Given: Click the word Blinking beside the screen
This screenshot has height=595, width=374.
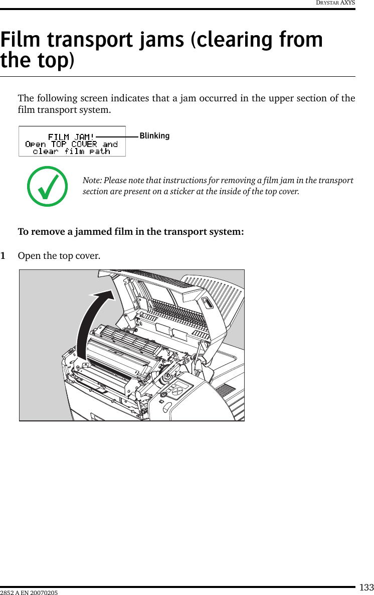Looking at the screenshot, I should (154, 136).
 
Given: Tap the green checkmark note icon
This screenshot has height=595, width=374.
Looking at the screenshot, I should (48, 187).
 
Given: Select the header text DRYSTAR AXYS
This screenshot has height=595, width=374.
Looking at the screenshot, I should (335, 3).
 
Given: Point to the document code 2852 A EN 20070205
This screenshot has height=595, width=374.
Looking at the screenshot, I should (29, 593).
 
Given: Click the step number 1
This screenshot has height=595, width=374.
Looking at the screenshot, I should (4, 256).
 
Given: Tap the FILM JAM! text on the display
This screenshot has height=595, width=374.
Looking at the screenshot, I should (71, 137).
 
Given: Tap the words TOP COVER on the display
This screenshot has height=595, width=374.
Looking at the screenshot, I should (74, 144).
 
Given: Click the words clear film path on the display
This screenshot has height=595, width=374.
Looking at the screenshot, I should (71, 151).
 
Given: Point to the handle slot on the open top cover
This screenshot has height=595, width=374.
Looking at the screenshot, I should (207, 304).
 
